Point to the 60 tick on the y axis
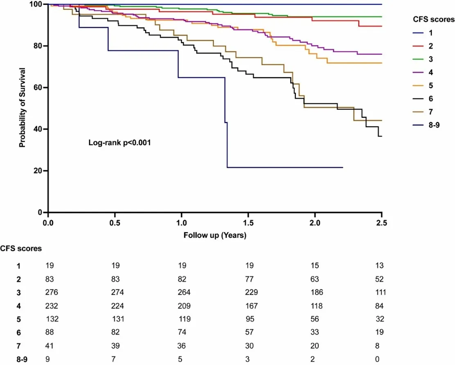(40, 88)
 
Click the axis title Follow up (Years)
(215, 235)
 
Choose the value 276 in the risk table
(52, 293)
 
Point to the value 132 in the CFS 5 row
(52, 319)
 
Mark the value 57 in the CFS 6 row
(248, 333)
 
